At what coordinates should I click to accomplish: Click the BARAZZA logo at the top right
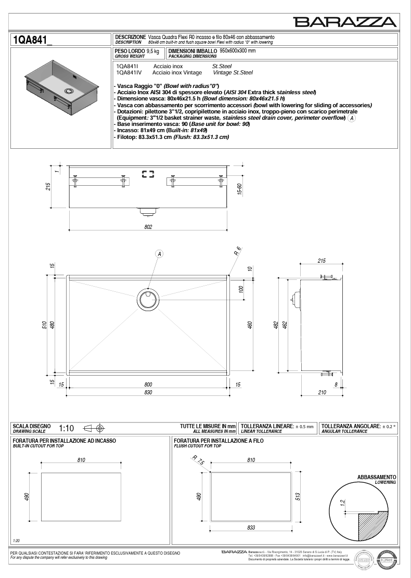[345, 21]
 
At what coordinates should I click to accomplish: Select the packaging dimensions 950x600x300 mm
[237, 51]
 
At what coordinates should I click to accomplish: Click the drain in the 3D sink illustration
[68, 91]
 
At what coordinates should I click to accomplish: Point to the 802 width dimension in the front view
[148, 226]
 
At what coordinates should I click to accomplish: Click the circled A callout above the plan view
[159, 254]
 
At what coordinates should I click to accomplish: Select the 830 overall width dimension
[148, 393]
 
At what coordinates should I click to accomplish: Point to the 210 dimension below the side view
[322, 392]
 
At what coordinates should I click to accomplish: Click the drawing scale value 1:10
[67, 429]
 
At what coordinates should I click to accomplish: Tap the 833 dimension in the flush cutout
[251, 527]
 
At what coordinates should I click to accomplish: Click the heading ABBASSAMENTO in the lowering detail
[377, 477]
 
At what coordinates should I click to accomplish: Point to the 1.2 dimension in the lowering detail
[343, 503]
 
